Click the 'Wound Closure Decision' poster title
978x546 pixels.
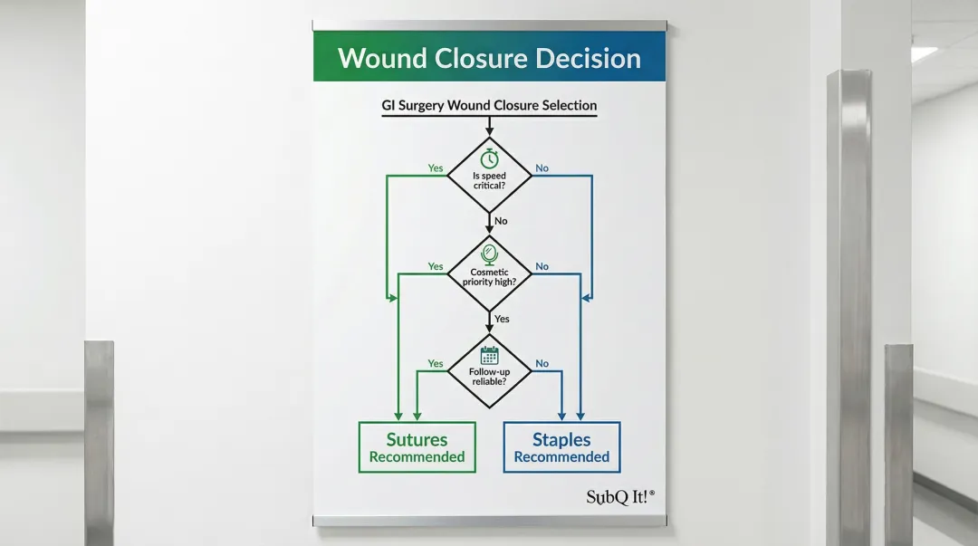click(x=489, y=59)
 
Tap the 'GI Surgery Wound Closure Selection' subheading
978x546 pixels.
click(x=489, y=106)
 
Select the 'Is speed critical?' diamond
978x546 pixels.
click(x=489, y=175)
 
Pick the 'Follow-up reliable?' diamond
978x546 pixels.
click(x=489, y=370)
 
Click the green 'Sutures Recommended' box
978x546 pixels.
click(x=417, y=447)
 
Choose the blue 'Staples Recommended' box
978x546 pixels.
click(x=561, y=447)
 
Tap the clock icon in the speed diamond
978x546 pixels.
click(x=489, y=158)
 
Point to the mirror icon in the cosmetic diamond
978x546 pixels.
click(x=489, y=254)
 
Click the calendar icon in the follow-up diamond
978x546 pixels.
click(x=489, y=355)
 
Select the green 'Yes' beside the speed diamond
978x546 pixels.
click(x=436, y=168)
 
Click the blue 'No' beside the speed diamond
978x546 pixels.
click(x=542, y=168)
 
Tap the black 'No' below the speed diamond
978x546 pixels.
click(x=501, y=221)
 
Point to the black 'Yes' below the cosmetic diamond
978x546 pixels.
click(x=502, y=319)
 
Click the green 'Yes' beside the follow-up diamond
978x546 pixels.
click(x=436, y=364)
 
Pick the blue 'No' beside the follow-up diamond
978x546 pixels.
click(x=542, y=364)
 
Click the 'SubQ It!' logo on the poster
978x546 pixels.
click(x=619, y=496)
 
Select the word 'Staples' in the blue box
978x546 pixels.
click(x=561, y=440)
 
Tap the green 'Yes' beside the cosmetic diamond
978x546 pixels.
click(x=436, y=266)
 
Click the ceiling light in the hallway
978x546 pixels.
click(x=924, y=54)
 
